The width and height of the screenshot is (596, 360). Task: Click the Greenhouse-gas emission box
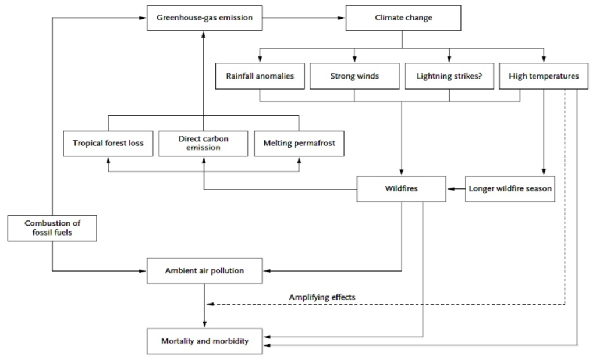click(204, 18)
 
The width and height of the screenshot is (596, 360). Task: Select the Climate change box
click(403, 18)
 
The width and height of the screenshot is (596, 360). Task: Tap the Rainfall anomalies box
click(260, 76)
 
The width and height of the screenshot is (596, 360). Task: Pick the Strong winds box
click(354, 76)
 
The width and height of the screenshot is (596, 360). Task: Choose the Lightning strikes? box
click(449, 76)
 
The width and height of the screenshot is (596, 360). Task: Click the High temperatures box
click(544, 76)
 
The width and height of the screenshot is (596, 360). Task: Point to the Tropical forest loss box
click(108, 144)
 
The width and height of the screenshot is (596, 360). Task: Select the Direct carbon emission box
click(203, 144)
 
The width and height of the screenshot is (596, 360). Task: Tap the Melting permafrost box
click(299, 144)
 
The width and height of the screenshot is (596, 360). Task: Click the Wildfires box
click(402, 189)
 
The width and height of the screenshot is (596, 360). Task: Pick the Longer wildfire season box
click(510, 189)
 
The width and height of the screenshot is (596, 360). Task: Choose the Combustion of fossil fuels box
click(52, 228)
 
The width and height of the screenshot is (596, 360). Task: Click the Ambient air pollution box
click(204, 271)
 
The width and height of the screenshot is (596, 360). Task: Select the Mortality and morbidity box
click(204, 341)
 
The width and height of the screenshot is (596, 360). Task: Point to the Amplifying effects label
click(322, 297)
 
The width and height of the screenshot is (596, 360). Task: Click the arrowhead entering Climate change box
click(341, 18)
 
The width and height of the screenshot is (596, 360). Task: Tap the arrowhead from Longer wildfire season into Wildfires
click(451, 189)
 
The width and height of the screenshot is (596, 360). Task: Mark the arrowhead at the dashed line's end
click(210, 304)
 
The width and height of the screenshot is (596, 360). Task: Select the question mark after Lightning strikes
click(480, 76)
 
